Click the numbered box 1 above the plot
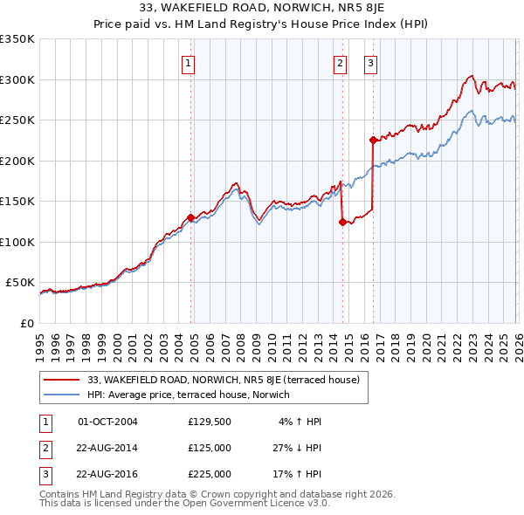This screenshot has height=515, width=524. coord(189,62)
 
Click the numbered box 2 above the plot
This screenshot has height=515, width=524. coord(340,62)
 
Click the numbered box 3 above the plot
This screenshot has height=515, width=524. coord(370,62)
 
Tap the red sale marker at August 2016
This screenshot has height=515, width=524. coord(373,140)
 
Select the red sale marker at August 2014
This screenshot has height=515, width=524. coord(342,222)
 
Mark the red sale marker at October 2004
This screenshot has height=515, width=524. coord(190,217)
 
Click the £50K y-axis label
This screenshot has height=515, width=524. coord(19,283)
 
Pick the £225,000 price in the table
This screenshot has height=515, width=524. coord(209,475)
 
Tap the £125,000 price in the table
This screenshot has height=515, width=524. coord(209,449)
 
